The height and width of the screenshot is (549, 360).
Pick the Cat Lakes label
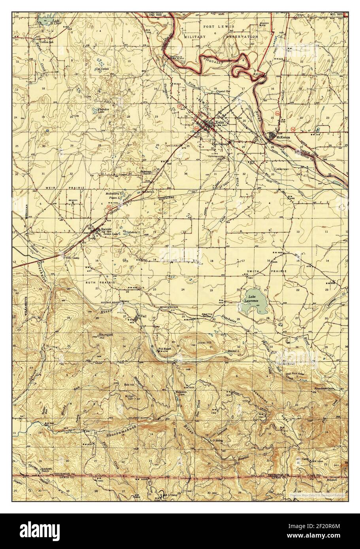pos(102,69)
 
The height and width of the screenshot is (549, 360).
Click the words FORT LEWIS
pos(219,26)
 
